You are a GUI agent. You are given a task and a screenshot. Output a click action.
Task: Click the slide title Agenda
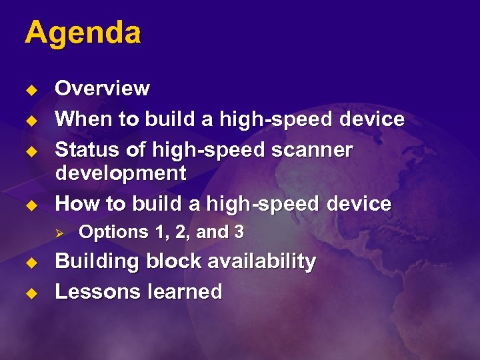tap(83, 33)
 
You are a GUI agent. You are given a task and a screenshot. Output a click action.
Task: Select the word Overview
tap(102, 89)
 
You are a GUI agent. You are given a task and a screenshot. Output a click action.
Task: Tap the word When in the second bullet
tap(81, 119)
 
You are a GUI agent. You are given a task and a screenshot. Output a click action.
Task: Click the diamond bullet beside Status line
tap(29, 151)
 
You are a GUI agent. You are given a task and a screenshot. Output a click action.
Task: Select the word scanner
tap(313, 150)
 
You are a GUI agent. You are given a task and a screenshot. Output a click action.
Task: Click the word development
tap(120, 173)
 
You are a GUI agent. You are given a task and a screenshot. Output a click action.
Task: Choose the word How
tap(75, 203)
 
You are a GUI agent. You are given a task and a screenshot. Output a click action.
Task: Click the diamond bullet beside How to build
tap(29, 205)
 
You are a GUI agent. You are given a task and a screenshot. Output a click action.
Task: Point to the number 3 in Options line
tap(239, 232)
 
